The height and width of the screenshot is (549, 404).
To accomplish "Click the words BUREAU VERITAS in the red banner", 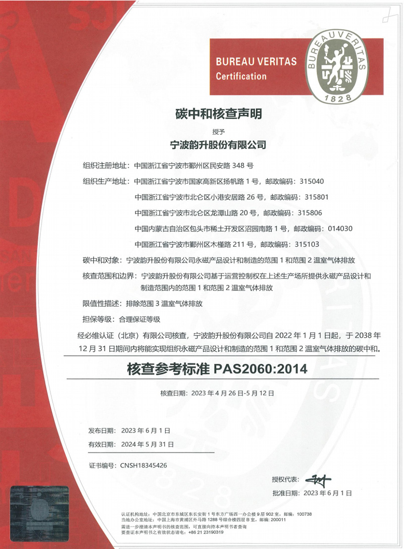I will pyautogui.click(x=256, y=62).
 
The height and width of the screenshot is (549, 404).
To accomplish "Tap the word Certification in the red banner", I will pyautogui.click(x=241, y=77).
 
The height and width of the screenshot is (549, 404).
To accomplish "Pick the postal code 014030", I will pyautogui.click(x=340, y=229).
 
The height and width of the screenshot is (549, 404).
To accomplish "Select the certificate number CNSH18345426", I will pyautogui.click(x=142, y=465).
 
